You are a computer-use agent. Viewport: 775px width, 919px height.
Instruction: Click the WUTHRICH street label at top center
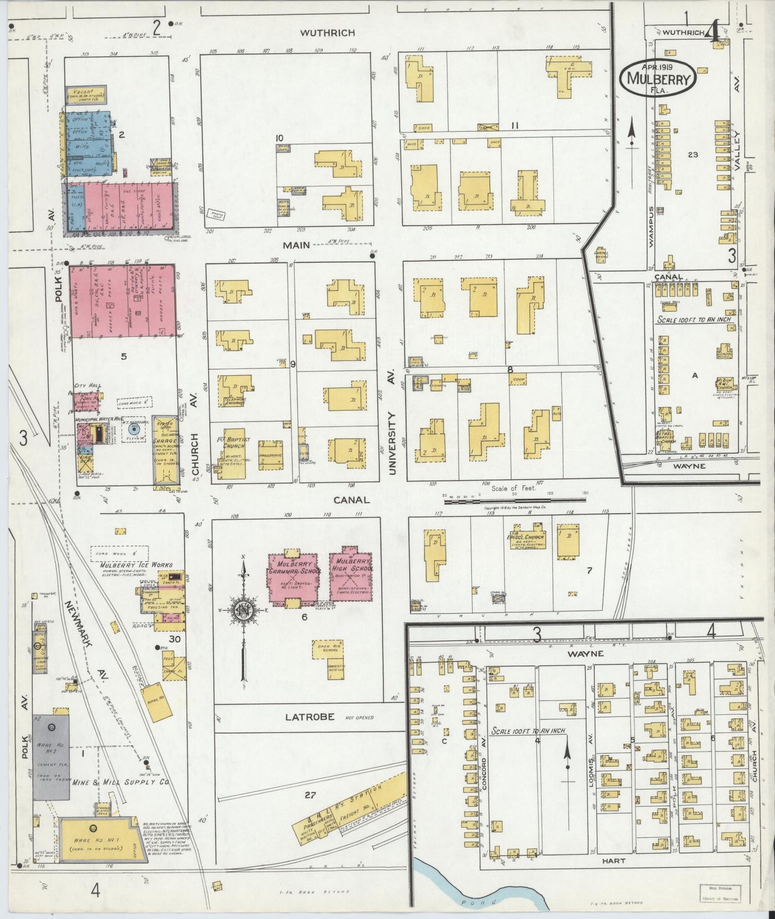327,33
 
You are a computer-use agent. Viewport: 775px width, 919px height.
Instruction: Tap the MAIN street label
297,245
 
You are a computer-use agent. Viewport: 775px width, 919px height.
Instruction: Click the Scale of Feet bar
515,501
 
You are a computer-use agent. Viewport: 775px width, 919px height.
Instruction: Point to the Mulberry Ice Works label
136,565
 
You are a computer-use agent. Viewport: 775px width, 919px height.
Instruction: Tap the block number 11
514,125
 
